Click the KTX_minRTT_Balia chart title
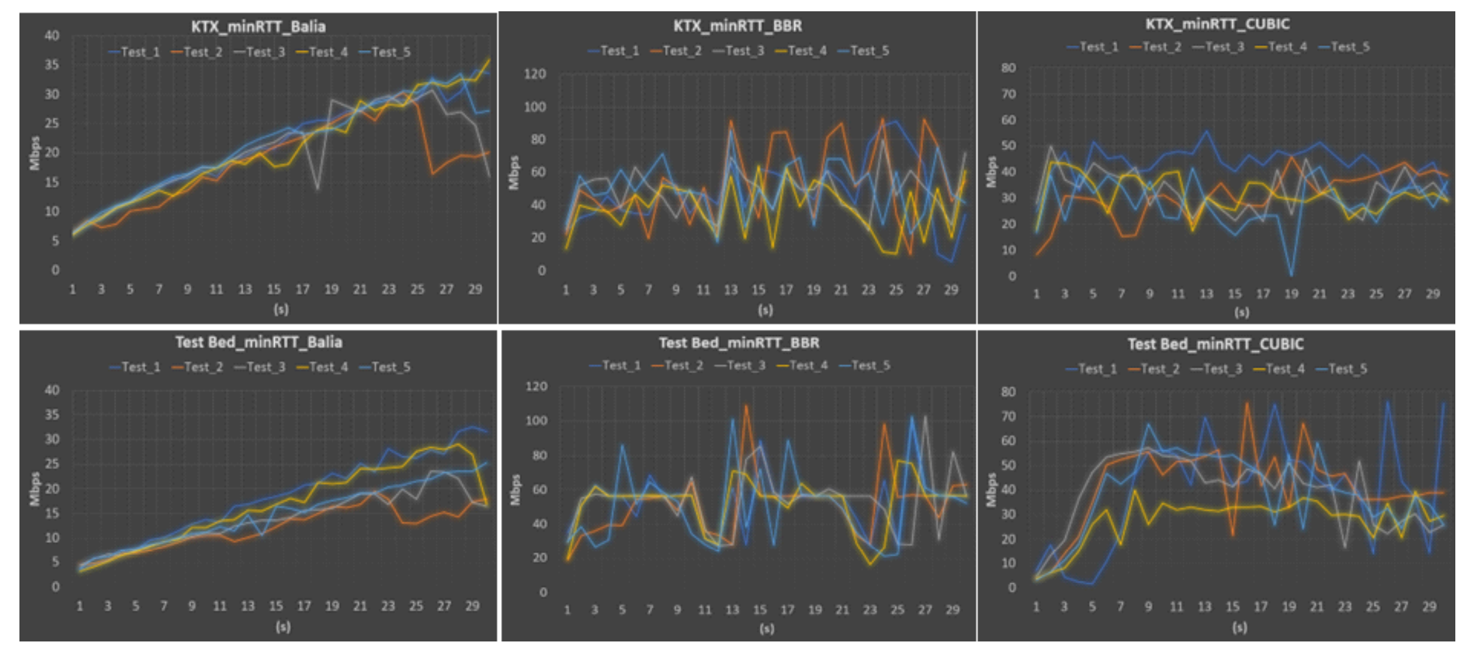[258, 27]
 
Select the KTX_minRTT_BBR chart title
[737, 26]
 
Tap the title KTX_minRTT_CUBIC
[1217, 24]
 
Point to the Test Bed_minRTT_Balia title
[258, 342]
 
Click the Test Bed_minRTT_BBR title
[739, 343]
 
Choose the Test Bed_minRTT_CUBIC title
[1215, 344]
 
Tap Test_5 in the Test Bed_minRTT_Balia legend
[391, 367]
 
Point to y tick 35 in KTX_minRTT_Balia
[52, 65]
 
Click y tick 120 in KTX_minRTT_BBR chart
[535, 74]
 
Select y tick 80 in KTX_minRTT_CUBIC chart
[1008, 68]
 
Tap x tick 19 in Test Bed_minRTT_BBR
[815, 609]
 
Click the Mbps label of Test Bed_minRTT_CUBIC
[991, 490]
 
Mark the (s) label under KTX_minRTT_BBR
[765, 310]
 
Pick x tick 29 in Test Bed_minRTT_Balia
[472, 606]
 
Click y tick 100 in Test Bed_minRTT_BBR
[536, 421]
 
